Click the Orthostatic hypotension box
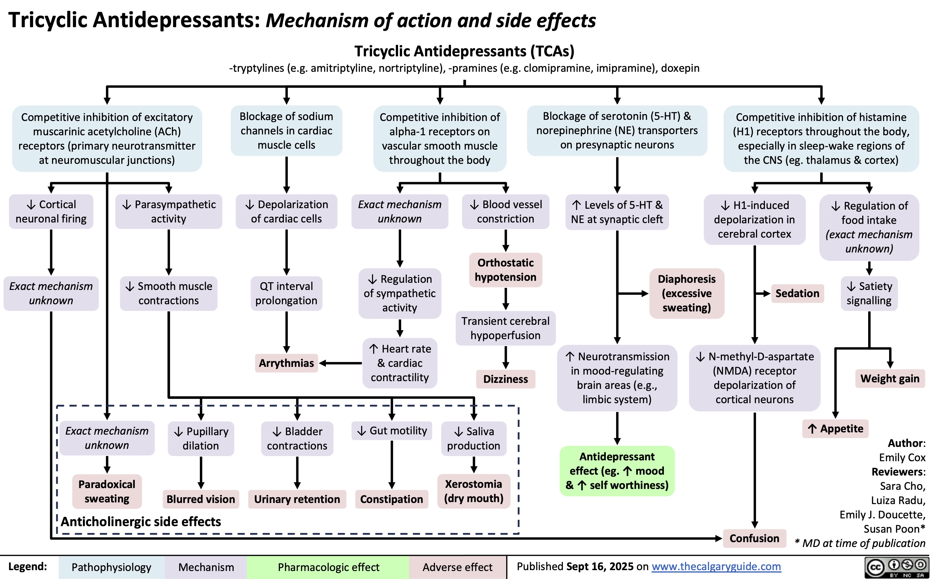(505, 270)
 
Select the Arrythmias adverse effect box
(286, 363)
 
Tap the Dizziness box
(505, 379)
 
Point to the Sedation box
(797, 294)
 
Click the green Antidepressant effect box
(617, 471)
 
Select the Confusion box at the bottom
(754, 538)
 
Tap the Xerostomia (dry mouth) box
(474, 491)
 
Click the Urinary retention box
(297, 499)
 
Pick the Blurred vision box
(201, 499)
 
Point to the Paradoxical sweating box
(107, 491)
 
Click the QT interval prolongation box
(286, 293)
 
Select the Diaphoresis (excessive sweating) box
(687, 293)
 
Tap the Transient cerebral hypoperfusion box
(505, 328)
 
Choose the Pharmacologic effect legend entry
(329, 567)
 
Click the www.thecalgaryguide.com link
(716, 566)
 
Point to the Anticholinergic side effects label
(141, 522)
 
